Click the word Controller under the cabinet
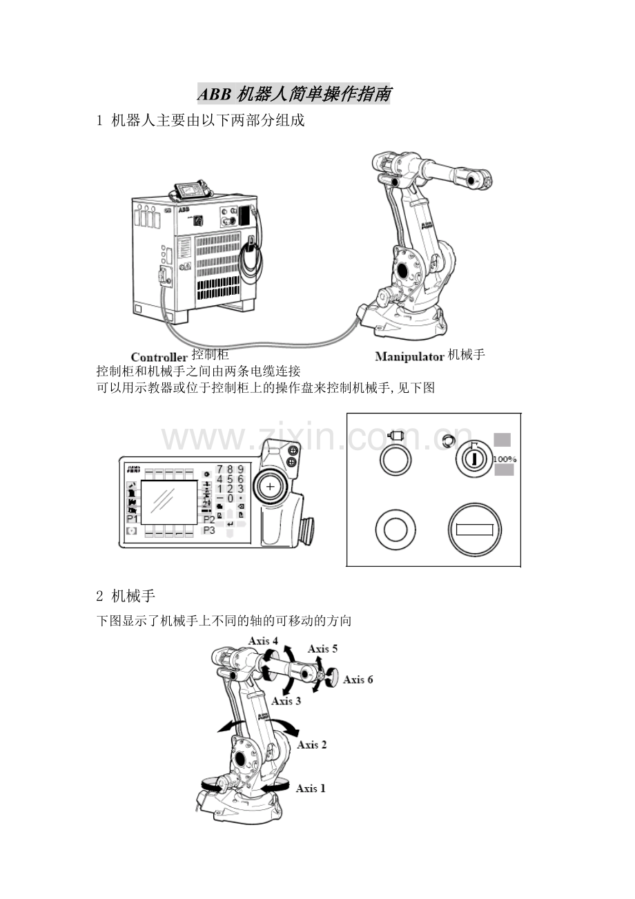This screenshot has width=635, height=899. click(159, 357)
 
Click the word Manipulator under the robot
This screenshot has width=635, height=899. click(409, 357)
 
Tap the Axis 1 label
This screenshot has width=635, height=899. click(311, 788)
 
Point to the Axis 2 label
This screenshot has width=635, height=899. click(312, 744)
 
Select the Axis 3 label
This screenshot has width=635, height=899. click(286, 701)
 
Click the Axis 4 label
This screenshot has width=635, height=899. click(264, 641)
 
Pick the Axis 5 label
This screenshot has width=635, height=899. click(322, 648)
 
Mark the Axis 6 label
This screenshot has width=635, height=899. click(358, 679)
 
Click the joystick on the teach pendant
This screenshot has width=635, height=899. click(270, 487)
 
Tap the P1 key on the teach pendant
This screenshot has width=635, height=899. click(132, 519)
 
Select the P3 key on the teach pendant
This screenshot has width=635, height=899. click(209, 530)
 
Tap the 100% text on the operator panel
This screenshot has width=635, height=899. click(505, 459)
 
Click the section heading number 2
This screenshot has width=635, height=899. click(99, 593)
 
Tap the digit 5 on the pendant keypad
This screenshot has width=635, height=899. click(230, 479)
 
